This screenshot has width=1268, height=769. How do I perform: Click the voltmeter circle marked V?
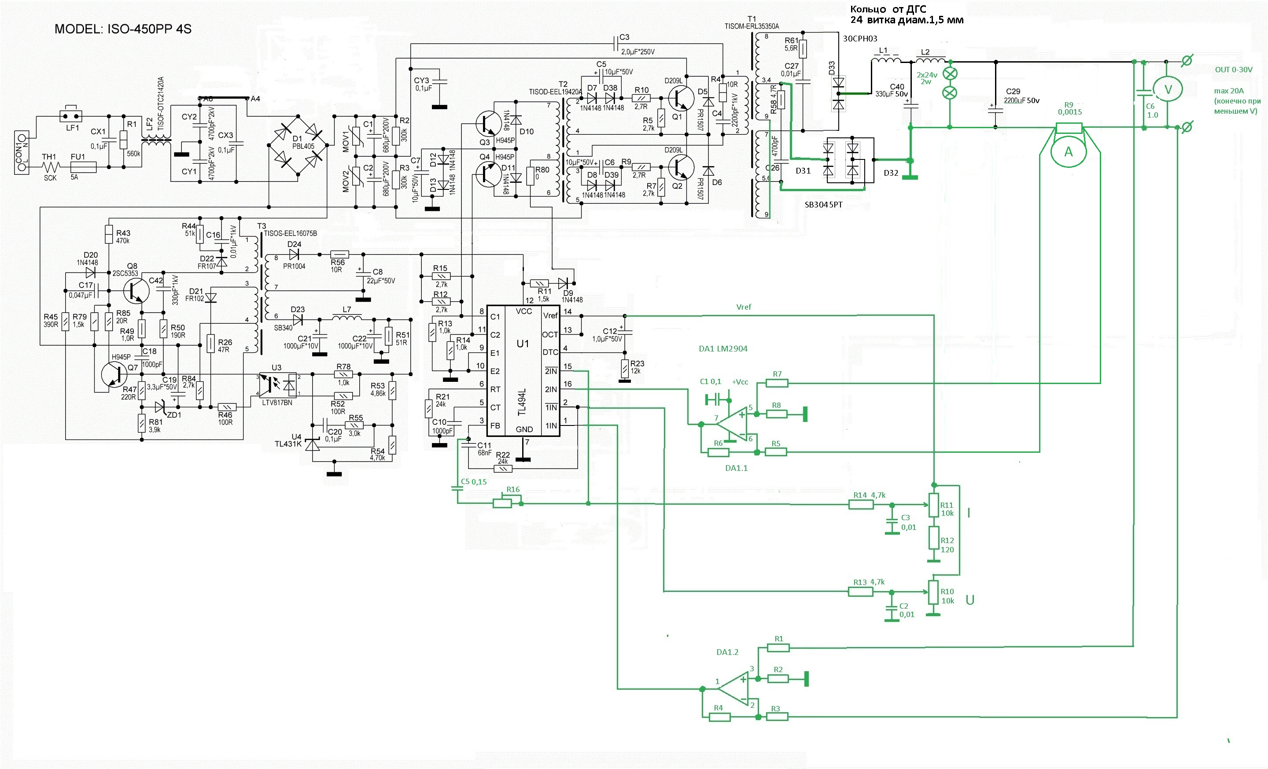tap(1167, 89)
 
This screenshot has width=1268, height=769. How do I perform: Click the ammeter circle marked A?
tap(1068, 152)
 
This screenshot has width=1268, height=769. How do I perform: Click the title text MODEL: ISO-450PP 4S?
tap(123, 29)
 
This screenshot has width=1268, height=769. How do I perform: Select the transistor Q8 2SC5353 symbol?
tap(136, 291)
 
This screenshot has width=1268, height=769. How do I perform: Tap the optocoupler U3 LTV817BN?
tap(277, 385)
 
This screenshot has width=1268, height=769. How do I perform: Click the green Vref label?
tap(744, 307)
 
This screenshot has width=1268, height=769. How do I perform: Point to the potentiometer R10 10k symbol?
tap(933, 592)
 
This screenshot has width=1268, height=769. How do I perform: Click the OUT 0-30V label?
tap(1234, 70)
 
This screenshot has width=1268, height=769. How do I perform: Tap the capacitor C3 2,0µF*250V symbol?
tap(616, 43)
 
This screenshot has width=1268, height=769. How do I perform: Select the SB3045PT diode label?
tap(823, 205)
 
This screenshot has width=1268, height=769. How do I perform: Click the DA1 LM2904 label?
tap(722, 349)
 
